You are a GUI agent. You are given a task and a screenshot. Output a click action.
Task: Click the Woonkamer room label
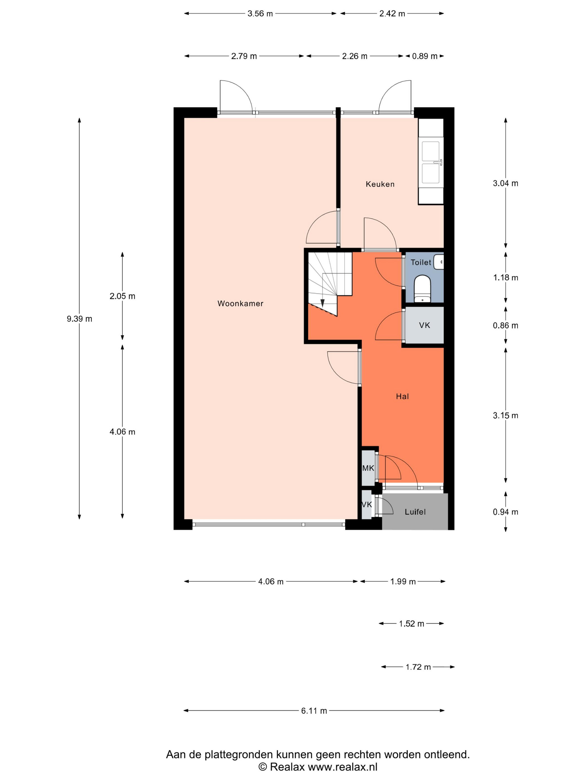pos(240,303)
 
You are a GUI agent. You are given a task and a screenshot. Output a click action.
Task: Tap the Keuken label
pos(380,184)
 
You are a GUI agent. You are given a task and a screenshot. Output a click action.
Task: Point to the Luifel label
pos(415,512)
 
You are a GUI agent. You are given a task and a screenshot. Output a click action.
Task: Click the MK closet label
pos(368,468)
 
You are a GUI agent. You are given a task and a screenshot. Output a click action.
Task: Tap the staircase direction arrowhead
pos(322,303)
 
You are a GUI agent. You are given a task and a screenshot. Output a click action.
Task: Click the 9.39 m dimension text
pos(79,319)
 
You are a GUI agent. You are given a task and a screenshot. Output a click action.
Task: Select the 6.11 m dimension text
pos(314,711)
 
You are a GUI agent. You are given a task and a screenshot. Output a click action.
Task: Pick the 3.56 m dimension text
pos(260,14)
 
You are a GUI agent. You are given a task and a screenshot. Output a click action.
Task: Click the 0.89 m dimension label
pos(425,56)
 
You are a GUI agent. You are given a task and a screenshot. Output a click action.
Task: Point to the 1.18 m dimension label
pos(505,278)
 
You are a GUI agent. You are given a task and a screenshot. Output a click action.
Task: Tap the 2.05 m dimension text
pos(122,296)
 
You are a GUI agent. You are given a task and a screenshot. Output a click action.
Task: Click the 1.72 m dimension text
pos(418,667)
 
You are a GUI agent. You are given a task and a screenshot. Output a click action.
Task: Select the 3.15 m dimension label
pos(505,415)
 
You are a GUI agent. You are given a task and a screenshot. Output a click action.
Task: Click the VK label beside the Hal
pos(424,325)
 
